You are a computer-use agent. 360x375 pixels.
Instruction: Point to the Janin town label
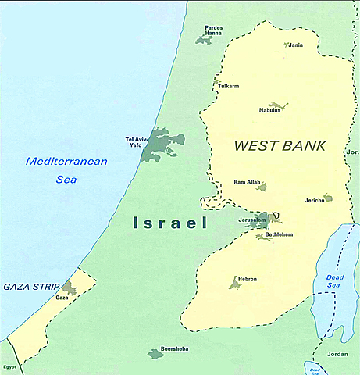[x=296, y=45]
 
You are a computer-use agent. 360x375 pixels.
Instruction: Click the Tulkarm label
[x=229, y=87]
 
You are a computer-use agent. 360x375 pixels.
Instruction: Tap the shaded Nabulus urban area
[x=279, y=105]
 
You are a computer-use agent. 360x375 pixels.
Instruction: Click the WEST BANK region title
[x=279, y=145]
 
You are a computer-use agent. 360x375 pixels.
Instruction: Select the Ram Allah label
[x=248, y=182]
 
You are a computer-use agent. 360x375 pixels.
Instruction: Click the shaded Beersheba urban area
[x=155, y=354]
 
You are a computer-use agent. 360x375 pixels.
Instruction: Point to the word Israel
[x=169, y=224]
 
